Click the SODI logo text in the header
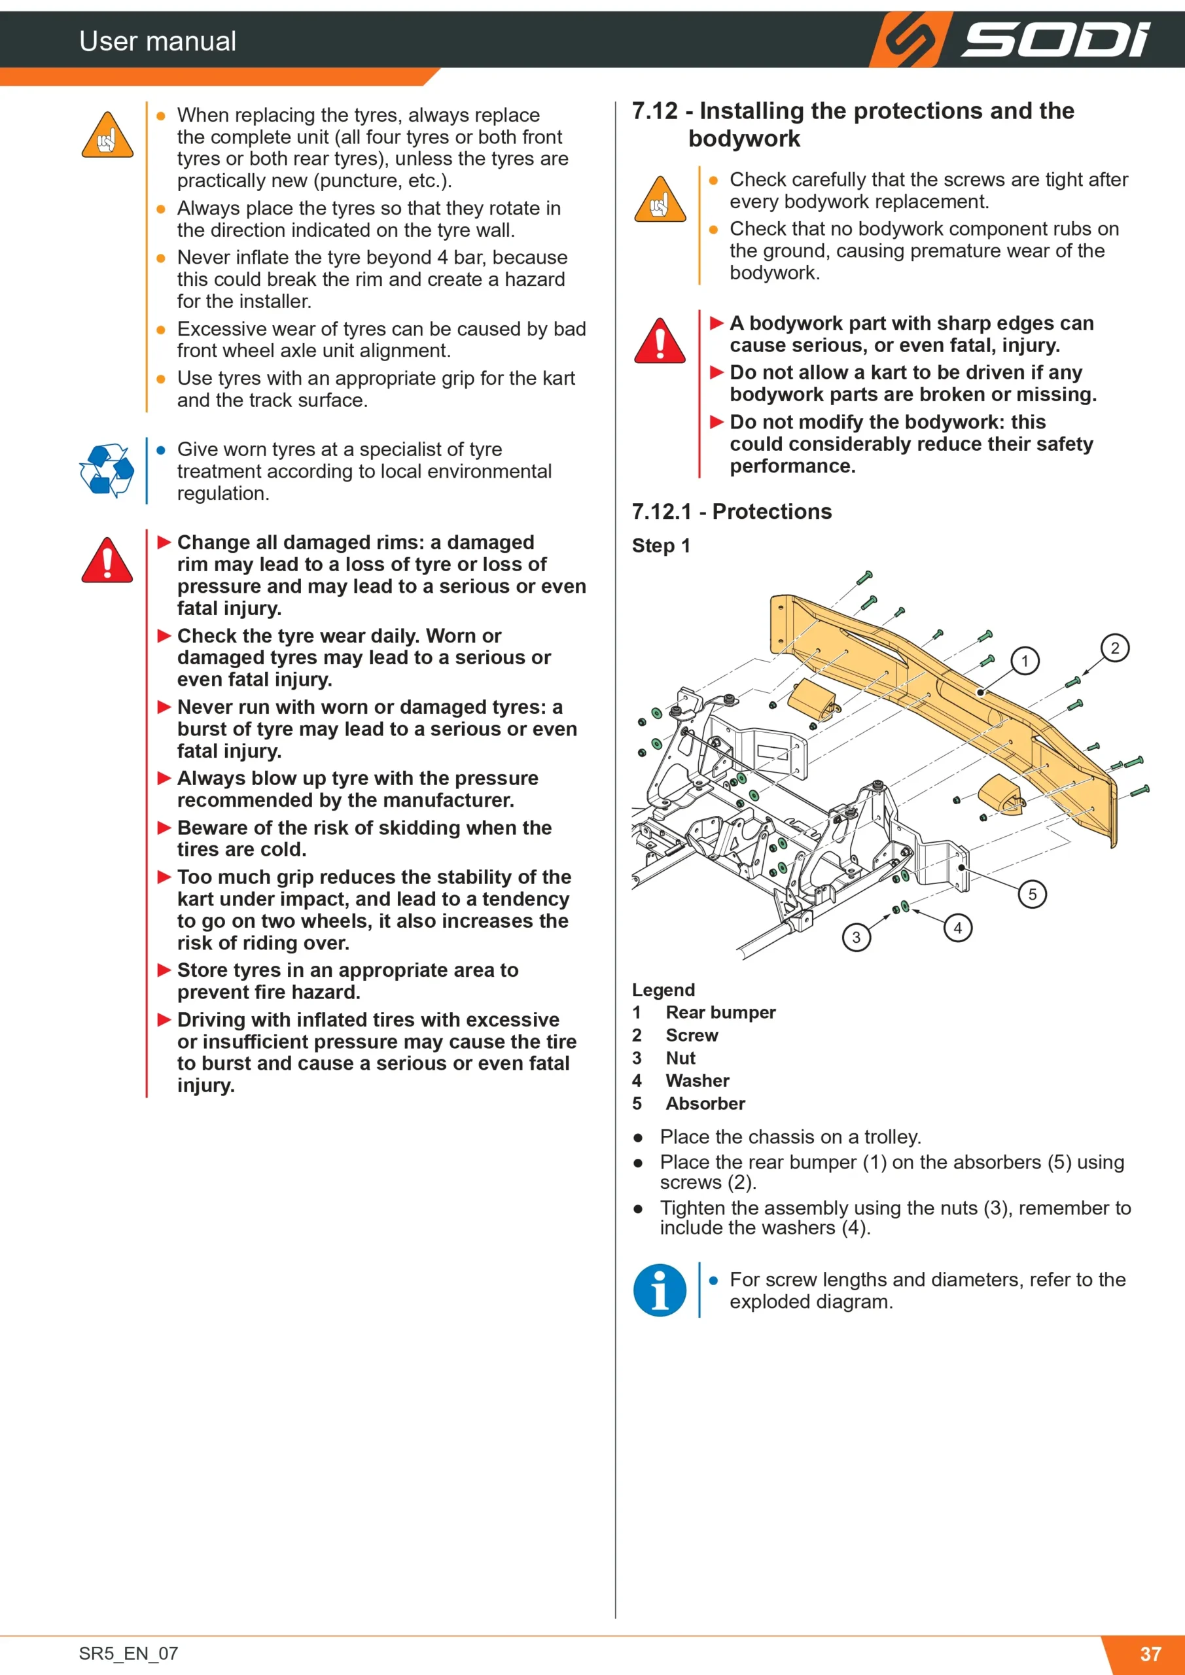click(1056, 39)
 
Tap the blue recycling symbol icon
click(107, 470)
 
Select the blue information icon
click(660, 1290)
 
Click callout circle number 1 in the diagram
click(1025, 661)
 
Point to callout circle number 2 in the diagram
click(1114, 648)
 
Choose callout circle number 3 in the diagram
click(856, 937)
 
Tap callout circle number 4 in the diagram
click(957, 927)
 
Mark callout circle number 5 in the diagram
click(1032, 894)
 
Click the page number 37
click(1151, 1653)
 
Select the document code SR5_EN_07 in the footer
click(128, 1653)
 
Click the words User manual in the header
click(158, 41)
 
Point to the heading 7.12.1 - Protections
click(732, 512)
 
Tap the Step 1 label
click(661, 546)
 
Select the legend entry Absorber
click(705, 1103)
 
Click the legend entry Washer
click(698, 1080)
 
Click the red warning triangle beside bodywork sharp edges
click(660, 341)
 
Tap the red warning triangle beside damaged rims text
click(107, 560)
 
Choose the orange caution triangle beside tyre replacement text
click(107, 135)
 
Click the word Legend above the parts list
click(663, 989)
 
